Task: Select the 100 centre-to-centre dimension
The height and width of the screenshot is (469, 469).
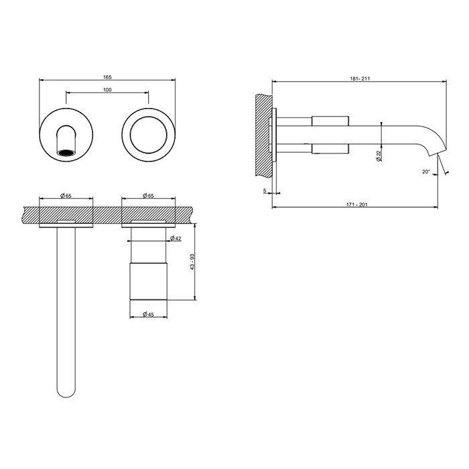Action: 107,90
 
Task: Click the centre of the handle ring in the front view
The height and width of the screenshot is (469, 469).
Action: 148,132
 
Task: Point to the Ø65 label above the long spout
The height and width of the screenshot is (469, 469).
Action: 66,196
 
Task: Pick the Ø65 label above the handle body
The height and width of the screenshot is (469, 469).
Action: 148,196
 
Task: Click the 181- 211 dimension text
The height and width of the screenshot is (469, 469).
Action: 360,78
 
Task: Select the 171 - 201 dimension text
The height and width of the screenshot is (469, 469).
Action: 355,204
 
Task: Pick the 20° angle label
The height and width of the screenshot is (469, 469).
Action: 426,172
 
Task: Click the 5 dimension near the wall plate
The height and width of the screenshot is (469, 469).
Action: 265,192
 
